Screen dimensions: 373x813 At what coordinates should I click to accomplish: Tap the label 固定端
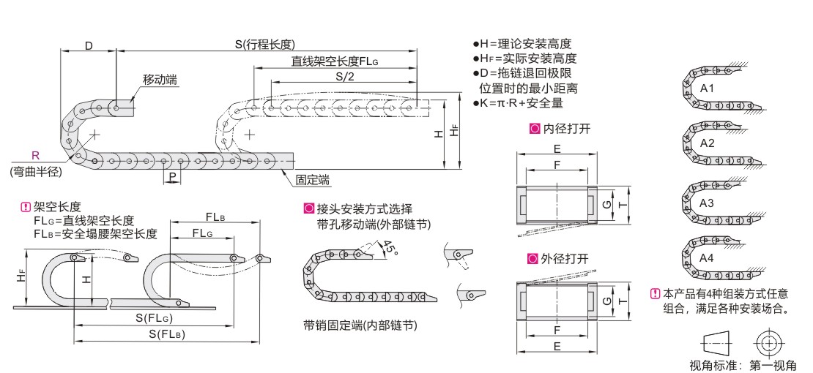coord(312,179)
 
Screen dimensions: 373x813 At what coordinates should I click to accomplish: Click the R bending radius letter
coord(35,155)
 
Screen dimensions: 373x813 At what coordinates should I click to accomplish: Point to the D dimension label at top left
coord(88,45)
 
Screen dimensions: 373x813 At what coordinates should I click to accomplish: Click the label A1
coord(708,88)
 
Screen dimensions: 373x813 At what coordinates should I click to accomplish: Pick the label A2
coord(707,143)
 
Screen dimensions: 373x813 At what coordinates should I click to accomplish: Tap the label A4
coord(707,258)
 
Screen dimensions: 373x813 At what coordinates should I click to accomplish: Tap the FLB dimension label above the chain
coord(215,216)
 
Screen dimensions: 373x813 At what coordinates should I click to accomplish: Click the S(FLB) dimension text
coord(166,334)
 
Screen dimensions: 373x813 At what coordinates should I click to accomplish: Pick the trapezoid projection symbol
coord(718,343)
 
